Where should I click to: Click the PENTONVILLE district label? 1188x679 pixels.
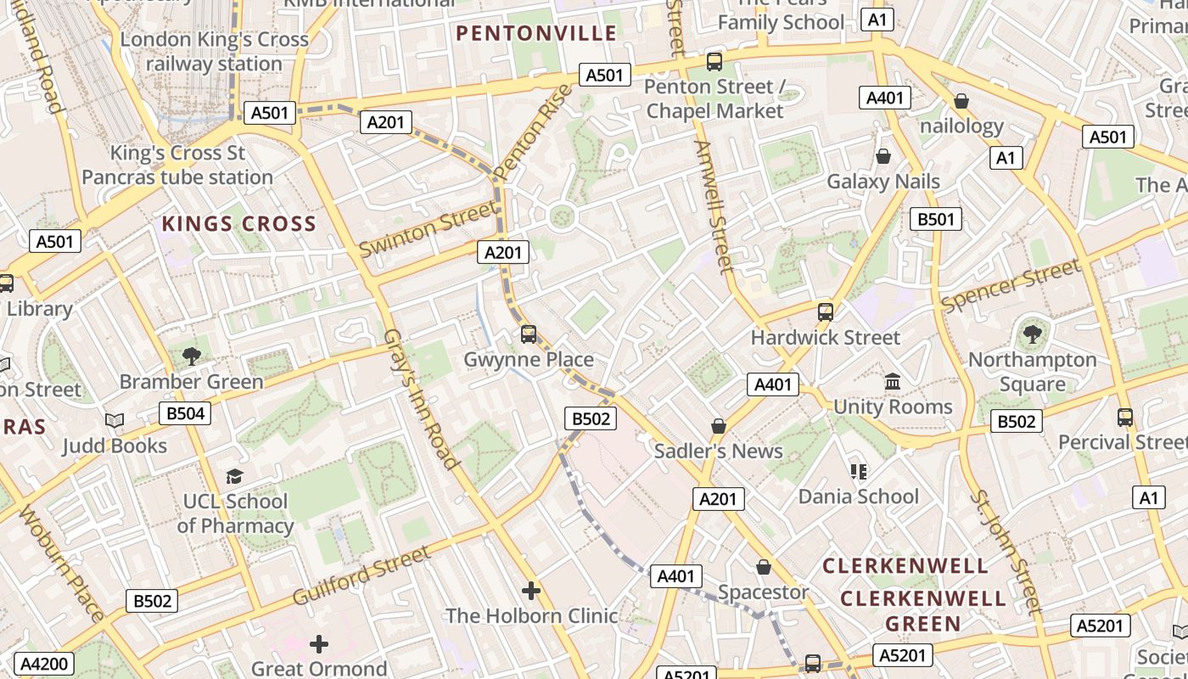click(x=536, y=33)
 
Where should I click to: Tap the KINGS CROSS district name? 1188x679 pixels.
click(x=238, y=224)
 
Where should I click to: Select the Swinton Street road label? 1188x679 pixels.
click(x=427, y=228)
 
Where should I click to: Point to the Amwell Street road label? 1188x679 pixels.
click(x=714, y=208)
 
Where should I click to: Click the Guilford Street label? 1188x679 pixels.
click(x=361, y=576)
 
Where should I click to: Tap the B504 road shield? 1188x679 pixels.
click(x=185, y=413)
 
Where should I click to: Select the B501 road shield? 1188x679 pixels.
click(x=936, y=219)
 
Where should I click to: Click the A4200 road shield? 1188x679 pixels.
click(x=44, y=664)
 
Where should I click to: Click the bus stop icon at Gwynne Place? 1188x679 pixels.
click(x=529, y=334)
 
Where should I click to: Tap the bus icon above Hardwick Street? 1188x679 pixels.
click(x=825, y=311)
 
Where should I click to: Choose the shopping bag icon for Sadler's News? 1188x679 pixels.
click(x=719, y=425)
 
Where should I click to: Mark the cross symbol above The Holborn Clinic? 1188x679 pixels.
click(x=531, y=590)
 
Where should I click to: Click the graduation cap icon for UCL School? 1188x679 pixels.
click(x=235, y=476)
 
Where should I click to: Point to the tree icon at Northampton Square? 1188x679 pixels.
click(x=1032, y=334)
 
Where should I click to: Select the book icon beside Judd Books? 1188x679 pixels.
click(x=115, y=420)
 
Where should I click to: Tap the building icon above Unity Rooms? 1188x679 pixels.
click(x=893, y=382)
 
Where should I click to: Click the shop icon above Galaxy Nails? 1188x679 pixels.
click(x=883, y=156)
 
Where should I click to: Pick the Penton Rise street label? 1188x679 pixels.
click(x=533, y=132)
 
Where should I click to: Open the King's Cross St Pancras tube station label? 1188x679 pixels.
click(x=178, y=166)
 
